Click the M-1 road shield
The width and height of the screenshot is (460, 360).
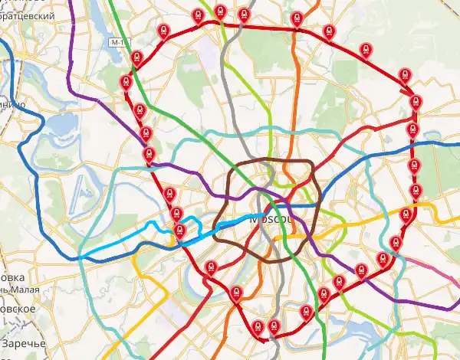116,41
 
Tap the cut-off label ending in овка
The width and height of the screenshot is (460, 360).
12,277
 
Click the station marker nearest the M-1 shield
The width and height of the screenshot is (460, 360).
136,57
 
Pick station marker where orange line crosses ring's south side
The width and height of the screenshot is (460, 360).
236,292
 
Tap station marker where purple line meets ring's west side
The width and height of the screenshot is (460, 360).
149,155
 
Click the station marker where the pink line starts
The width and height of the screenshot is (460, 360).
396,244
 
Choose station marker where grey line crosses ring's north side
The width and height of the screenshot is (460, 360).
244,15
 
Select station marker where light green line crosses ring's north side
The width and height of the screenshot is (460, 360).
221,11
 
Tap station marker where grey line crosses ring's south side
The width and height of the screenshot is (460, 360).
274,326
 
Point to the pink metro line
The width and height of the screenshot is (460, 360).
433,270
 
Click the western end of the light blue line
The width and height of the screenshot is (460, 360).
83,254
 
